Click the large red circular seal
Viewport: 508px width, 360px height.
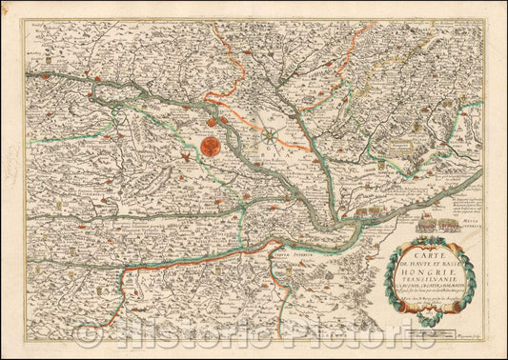click(x=211, y=148)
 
